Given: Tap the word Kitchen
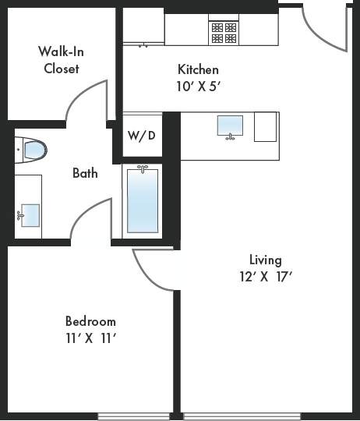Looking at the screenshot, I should [198, 69].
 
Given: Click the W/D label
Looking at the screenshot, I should [141, 136].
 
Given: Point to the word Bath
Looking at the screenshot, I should [85, 172].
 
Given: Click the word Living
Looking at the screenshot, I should [265, 260].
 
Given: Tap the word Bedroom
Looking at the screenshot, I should [90, 321].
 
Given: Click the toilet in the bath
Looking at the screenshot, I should [32, 148].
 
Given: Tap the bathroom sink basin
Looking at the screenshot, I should [30, 213].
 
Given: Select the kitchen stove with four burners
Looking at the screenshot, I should [224, 31].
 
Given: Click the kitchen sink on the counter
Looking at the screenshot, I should [229, 126].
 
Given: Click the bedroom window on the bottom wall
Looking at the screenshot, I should [134, 416].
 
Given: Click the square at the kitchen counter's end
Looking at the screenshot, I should [265, 126].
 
